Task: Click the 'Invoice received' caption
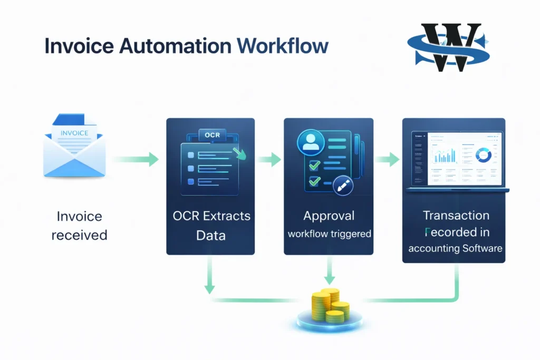pos(79,225)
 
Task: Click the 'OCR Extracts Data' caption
pos(211,225)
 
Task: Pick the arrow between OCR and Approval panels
pos(269,159)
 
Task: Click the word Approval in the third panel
pos(329,216)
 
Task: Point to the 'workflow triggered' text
pos(329,233)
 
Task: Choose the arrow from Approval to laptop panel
pos(388,159)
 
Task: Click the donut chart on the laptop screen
pos(483,154)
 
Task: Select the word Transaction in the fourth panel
pos(456,215)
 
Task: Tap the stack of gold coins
pos(330,306)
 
